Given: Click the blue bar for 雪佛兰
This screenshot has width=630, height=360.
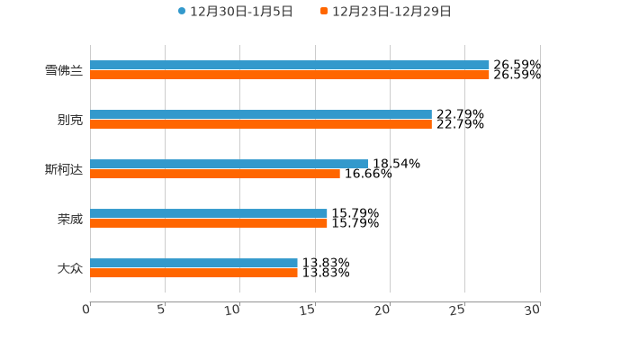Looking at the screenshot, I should point(290,65).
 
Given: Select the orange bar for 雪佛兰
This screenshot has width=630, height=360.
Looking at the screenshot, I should point(290,75).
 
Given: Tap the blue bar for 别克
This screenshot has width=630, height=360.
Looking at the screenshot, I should point(261,114).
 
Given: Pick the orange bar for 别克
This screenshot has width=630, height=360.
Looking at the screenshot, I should point(261,124).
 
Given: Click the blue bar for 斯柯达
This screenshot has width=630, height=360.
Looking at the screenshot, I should point(229,164).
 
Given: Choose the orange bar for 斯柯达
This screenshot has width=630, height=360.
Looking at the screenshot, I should point(215,174).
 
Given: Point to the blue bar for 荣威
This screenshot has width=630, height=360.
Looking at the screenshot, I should point(209,213).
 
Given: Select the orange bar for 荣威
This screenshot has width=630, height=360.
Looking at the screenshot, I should point(209,223).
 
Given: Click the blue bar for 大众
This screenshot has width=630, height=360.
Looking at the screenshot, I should point(193,263).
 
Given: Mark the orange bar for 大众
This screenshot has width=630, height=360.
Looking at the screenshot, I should point(193,273).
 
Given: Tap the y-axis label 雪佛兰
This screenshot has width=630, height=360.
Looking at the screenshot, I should point(64,70).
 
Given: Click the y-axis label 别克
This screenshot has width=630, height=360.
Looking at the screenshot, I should point(70,120).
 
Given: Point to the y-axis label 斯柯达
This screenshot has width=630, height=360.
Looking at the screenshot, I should point(64,169).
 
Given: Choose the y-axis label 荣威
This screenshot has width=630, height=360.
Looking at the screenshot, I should point(70,219).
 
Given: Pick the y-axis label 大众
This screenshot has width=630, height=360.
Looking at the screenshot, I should point(70,268).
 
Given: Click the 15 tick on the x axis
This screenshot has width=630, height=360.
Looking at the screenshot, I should point(308,310).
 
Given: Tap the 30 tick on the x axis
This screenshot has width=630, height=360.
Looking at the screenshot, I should point(533,310).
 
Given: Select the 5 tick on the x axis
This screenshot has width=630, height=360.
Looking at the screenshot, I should point(161,310).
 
